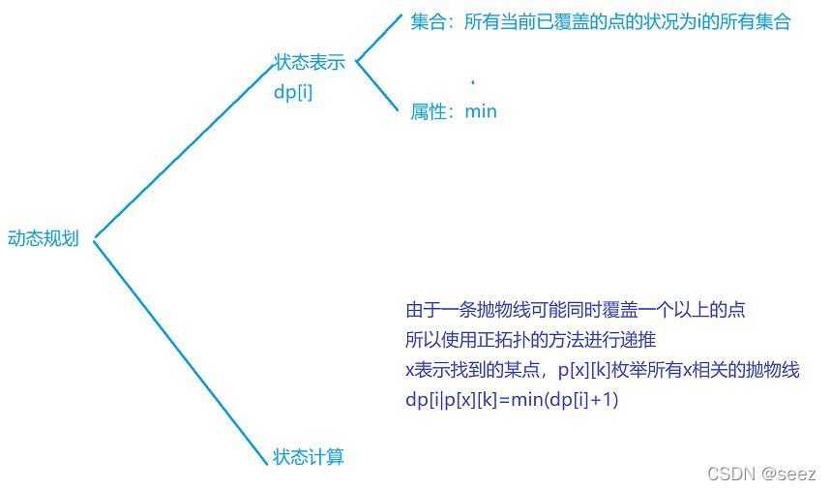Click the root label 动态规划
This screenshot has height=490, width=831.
44,238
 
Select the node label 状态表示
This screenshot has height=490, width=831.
310,63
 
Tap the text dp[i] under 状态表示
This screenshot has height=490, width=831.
292,93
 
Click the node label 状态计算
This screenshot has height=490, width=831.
309,457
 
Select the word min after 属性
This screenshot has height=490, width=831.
481,111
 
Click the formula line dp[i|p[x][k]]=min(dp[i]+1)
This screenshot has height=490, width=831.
512,399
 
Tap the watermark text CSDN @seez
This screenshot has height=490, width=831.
761,474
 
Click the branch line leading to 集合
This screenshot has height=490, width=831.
378,38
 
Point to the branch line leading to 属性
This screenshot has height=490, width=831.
378,87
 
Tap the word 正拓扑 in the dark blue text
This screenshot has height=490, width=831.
508,340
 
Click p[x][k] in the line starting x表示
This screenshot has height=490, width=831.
589,370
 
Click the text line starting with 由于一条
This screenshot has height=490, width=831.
576,311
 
